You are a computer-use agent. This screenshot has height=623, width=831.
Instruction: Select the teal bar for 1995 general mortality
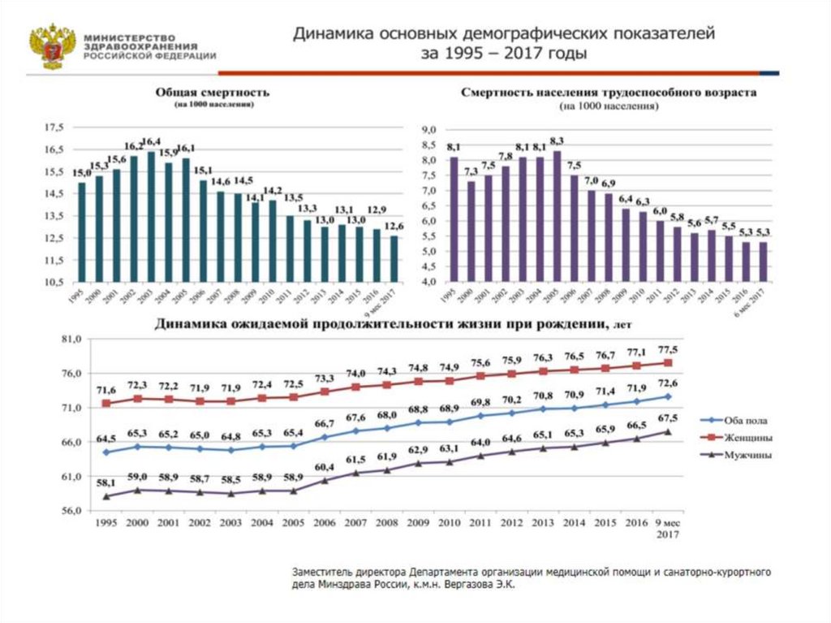pos(81,231)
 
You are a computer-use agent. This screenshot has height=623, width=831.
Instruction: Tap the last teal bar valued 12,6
pos(394,258)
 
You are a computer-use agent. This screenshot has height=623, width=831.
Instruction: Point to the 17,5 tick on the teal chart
pos(54,128)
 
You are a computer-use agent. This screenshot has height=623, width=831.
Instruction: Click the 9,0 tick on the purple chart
pos(428,130)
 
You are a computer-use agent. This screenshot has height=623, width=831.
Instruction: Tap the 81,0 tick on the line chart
pos(71,340)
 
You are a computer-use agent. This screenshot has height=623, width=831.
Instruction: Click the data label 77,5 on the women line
pos(668,349)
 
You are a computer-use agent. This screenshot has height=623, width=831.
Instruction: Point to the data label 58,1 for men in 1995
pos(106,482)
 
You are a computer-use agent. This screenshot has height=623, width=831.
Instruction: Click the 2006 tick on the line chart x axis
pos(325,523)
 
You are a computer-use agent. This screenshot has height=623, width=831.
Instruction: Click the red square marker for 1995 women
pos(106,403)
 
